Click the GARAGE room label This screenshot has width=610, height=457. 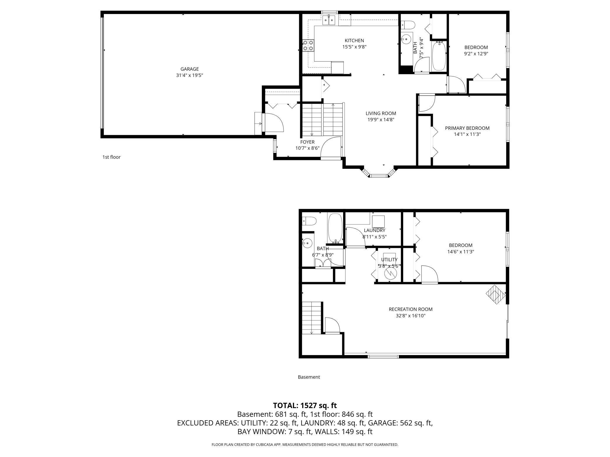(x=189, y=69)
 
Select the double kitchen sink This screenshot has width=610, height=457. (x=329, y=20)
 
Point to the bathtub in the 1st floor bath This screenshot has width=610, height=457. (x=439, y=56)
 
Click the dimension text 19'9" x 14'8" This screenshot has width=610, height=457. (x=381, y=120)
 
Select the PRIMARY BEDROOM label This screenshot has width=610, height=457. (x=467, y=128)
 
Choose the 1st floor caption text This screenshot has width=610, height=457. (x=111, y=157)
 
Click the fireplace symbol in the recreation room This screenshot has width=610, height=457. (x=496, y=294)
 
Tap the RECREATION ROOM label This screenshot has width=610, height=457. (x=410, y=309)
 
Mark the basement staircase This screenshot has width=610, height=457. (x=311, y=318)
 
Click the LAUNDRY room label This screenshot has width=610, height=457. (x=374, y=230)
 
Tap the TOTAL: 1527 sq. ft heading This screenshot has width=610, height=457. (x=305, y=405)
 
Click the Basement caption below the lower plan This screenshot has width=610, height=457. (x=309, y=377)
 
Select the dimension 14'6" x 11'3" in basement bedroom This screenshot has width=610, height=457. (x=460, y=252)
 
